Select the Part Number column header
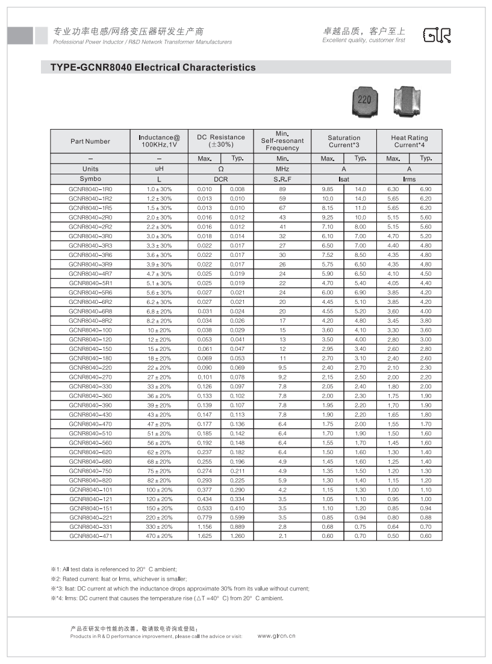(90, 141)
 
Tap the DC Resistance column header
(221, 141)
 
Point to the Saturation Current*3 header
(344, 141)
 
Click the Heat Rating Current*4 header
(409, 141)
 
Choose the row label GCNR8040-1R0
(90, 189)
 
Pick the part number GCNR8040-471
(90, 536)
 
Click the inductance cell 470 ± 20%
(160, 536)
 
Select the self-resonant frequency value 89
(282, 189)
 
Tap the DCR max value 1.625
(205, 536)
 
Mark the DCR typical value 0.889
(237, 526)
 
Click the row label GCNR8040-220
(90, 368)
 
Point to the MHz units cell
(282, 169)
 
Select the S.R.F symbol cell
(282, 179)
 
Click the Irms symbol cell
(409, 179)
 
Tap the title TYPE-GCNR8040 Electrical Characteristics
(149, 68)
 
